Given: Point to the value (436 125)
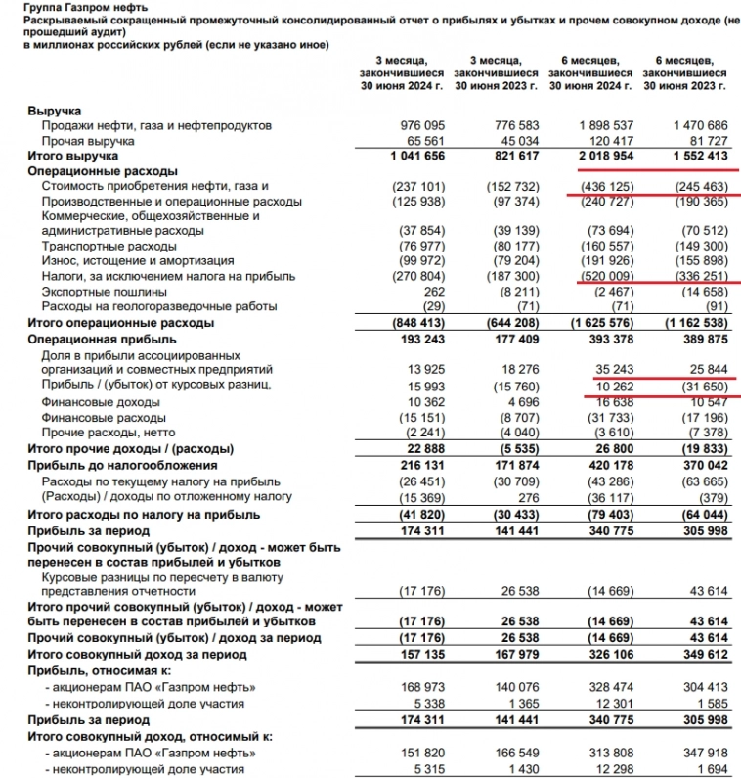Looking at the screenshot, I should pyautogui.click(x=606, y=186).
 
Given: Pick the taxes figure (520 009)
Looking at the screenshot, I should pyautogui.click(x=606, y=277).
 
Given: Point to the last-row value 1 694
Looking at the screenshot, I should pyautogui.click(x=710, y=770).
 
